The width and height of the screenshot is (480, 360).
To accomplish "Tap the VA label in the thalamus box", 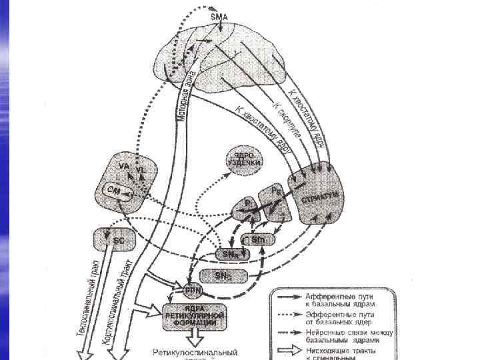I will pos(123,165).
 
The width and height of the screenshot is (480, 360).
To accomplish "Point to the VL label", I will pos(140,171).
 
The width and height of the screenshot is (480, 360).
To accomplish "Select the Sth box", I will pos(258,239).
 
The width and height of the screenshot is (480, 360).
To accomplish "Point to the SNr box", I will pos(230,254).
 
